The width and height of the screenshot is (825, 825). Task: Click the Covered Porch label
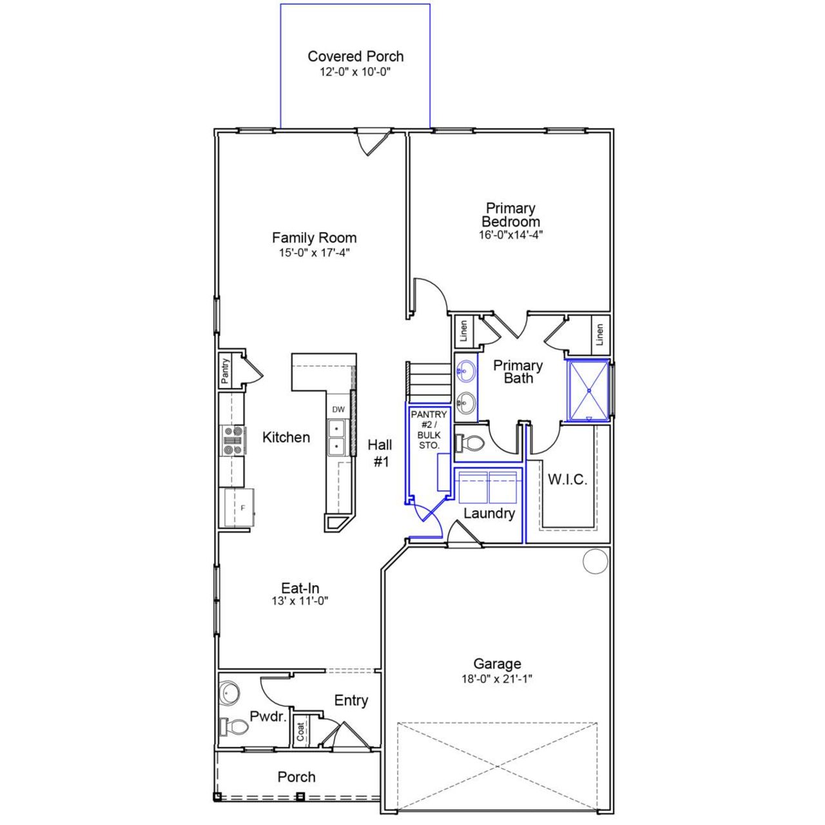[355, 57]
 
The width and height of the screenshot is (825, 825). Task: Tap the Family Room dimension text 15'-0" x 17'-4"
[314, 253]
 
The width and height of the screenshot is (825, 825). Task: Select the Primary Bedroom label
[510, 215]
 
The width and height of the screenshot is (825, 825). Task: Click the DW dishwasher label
[338, 409]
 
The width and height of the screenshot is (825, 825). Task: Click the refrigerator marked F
[238, 508]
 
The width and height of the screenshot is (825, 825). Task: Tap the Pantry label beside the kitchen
[225, 372]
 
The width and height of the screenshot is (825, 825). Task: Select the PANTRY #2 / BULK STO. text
[429, 430]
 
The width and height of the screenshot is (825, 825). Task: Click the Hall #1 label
[380, 452]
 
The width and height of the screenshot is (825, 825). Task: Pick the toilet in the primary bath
[471, 443]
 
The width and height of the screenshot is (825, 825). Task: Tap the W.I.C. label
[567, 480]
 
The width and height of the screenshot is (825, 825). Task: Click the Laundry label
[489, 514]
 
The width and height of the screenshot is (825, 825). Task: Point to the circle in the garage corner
[596, 561]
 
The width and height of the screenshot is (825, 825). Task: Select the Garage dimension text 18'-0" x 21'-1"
[497, 679]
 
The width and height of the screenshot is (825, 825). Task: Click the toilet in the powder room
[233, 726]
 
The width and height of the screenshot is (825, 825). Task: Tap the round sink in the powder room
[229, 693]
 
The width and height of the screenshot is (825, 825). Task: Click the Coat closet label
[301, 731]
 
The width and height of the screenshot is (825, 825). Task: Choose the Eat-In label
[300, 588]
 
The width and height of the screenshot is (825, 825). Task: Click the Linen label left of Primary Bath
[464, 332]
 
